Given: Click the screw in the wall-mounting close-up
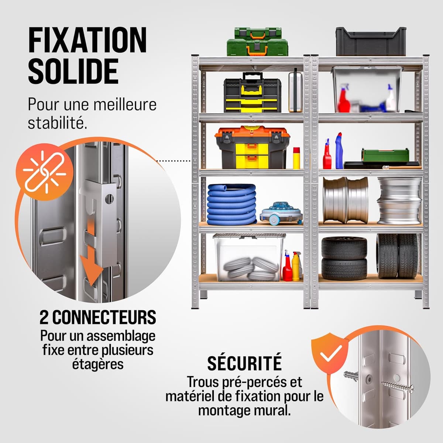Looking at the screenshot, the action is [398, 386].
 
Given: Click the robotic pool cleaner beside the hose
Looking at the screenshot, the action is [281, 214].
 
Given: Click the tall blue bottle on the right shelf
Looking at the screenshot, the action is [339, 151].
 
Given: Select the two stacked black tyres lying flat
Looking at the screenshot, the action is [344, 259].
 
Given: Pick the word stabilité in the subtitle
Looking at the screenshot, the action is [58, 123].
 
